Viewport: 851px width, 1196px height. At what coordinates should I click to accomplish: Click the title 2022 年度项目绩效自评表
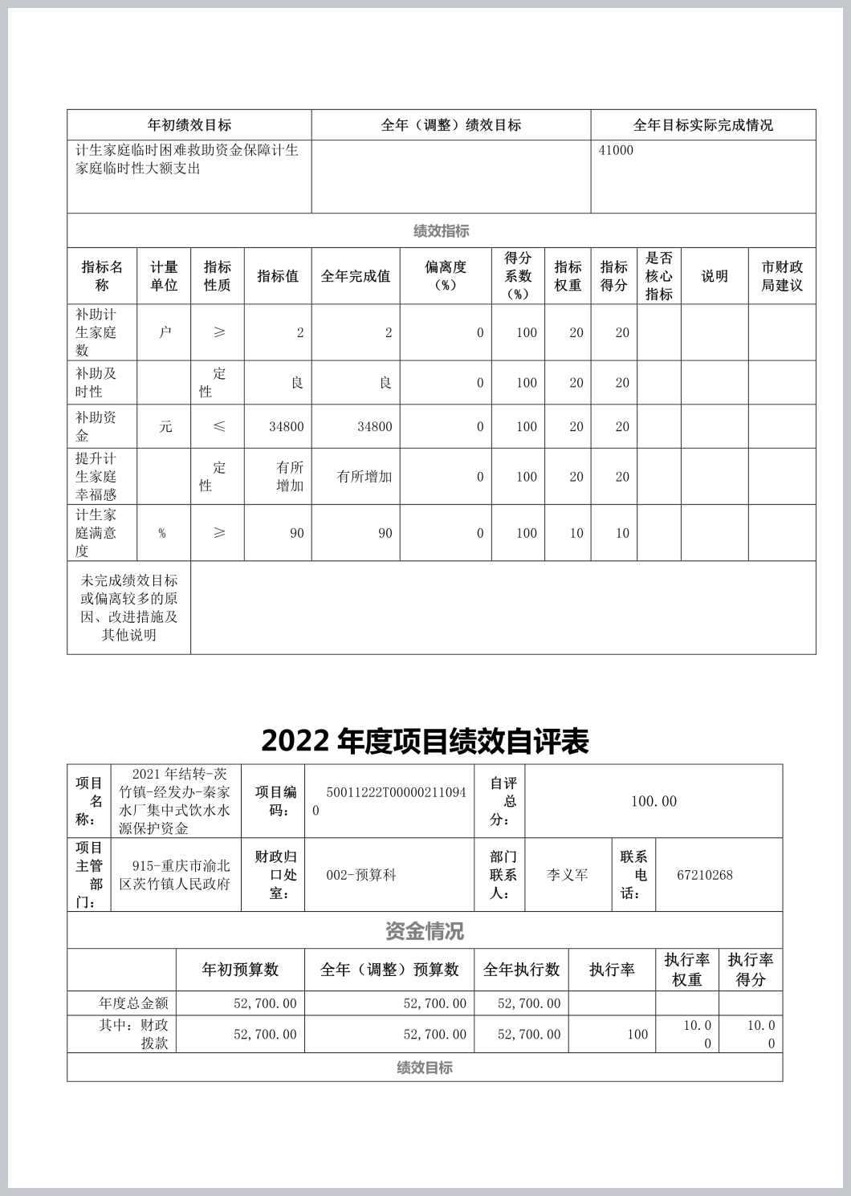(425, 741)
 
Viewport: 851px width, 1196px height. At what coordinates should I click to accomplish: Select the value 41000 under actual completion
(616, 150)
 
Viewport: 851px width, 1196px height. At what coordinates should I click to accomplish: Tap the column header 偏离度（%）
(446, 276)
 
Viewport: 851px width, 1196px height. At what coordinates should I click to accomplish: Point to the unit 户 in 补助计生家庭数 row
(165, 332)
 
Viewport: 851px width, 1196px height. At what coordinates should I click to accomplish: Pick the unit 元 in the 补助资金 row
(165, 426)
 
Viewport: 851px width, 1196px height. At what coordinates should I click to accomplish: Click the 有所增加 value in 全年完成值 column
(364, 477)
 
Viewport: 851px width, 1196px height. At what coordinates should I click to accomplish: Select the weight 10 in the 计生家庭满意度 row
(576, 533)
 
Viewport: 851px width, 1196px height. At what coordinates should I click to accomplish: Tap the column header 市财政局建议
(781, 276)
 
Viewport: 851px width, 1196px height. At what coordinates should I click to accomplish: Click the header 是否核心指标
(658, 276)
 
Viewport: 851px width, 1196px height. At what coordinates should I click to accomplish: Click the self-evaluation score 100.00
(654, 801)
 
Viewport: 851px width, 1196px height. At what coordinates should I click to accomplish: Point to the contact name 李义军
(568, 875)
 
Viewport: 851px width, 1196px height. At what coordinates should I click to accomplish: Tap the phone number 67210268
(704, 875)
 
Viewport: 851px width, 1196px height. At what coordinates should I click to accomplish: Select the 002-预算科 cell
(361, 875)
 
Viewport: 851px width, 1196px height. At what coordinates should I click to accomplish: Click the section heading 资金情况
(424, 931)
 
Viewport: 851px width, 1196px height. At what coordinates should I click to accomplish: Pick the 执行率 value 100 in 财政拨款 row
(637, 1035)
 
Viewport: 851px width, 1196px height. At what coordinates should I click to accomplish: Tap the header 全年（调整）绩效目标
(450, 125)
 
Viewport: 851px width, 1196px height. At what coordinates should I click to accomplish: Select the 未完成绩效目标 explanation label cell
(128, 608)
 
